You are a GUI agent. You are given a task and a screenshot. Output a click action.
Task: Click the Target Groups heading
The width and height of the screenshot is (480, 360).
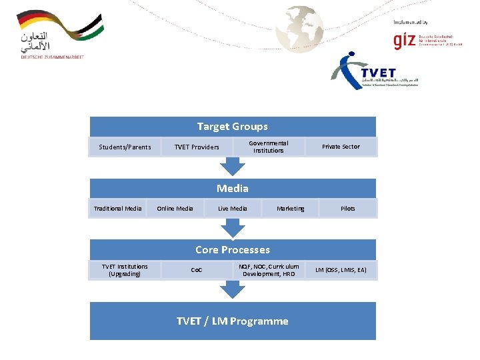[x=233, y=127]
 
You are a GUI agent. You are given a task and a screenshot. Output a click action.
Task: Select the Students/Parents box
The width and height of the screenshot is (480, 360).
[x=125, y=147]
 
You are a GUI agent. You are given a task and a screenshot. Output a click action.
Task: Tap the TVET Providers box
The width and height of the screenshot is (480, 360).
[x=197, y=147]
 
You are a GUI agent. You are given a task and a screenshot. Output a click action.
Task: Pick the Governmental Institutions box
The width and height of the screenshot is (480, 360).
[x=268, y=147]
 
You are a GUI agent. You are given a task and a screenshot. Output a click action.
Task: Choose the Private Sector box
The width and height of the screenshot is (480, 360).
[x=341, y=147]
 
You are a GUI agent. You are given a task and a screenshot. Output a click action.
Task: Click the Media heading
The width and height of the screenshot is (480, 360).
[x=233, y=189]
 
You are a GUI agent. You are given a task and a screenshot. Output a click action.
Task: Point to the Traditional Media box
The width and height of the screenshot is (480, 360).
[x=118, y=209]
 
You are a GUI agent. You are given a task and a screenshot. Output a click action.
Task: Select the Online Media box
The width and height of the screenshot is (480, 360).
[x=175, y=209]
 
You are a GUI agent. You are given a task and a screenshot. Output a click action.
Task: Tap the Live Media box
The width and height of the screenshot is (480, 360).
[x=233, y=209]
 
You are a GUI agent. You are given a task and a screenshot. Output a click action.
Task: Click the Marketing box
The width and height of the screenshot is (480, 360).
[x=291, y=209]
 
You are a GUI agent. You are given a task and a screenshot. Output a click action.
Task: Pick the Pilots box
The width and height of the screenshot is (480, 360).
[x=348, y=209]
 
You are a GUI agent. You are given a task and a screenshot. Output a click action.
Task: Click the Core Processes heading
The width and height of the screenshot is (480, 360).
[x=233, y=250]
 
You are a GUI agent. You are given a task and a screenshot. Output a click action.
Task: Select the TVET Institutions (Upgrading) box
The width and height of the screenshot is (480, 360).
[x=125, y=270]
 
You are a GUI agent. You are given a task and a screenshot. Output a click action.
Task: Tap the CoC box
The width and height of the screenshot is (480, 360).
[x=197, y=270]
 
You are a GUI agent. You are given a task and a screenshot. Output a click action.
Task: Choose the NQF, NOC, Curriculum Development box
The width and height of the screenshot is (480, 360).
[x=269, y=270]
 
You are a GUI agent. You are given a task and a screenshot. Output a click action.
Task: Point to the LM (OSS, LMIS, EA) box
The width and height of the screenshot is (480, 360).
[x=341, y=270]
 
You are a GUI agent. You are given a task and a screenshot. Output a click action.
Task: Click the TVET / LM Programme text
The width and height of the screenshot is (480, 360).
[x=233, y=321]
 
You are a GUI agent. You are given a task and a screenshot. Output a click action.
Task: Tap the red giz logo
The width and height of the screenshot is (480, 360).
[x=404, y=41]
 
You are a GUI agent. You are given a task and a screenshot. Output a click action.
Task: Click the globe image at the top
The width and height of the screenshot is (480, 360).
[x=300, y=29]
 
